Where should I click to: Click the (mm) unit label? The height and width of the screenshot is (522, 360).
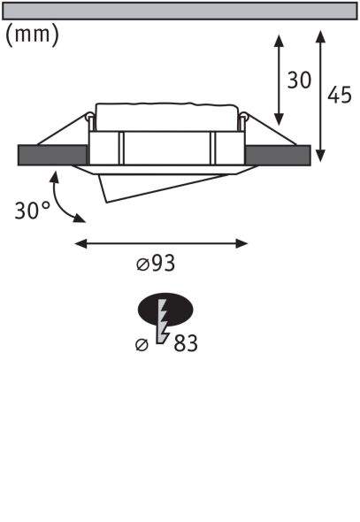(x=33, y=35)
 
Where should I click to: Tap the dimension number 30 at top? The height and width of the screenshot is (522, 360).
(x=300, y=81)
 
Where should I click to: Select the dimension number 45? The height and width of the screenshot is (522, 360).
(x=340, y=94)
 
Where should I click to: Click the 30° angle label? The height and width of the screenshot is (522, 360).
(x=33, y=211)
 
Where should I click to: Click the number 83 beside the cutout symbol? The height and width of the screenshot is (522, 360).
(x=186, y=343)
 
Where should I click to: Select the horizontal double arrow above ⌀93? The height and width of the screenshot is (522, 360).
(x=161, y=242)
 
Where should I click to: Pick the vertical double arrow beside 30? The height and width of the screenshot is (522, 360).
(x=280, y=81)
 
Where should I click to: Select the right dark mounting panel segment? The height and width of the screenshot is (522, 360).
(x=277, y=154)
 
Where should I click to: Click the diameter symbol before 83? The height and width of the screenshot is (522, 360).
(x=142, y=344)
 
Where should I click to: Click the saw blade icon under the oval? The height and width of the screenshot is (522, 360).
(x=163, y=324)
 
